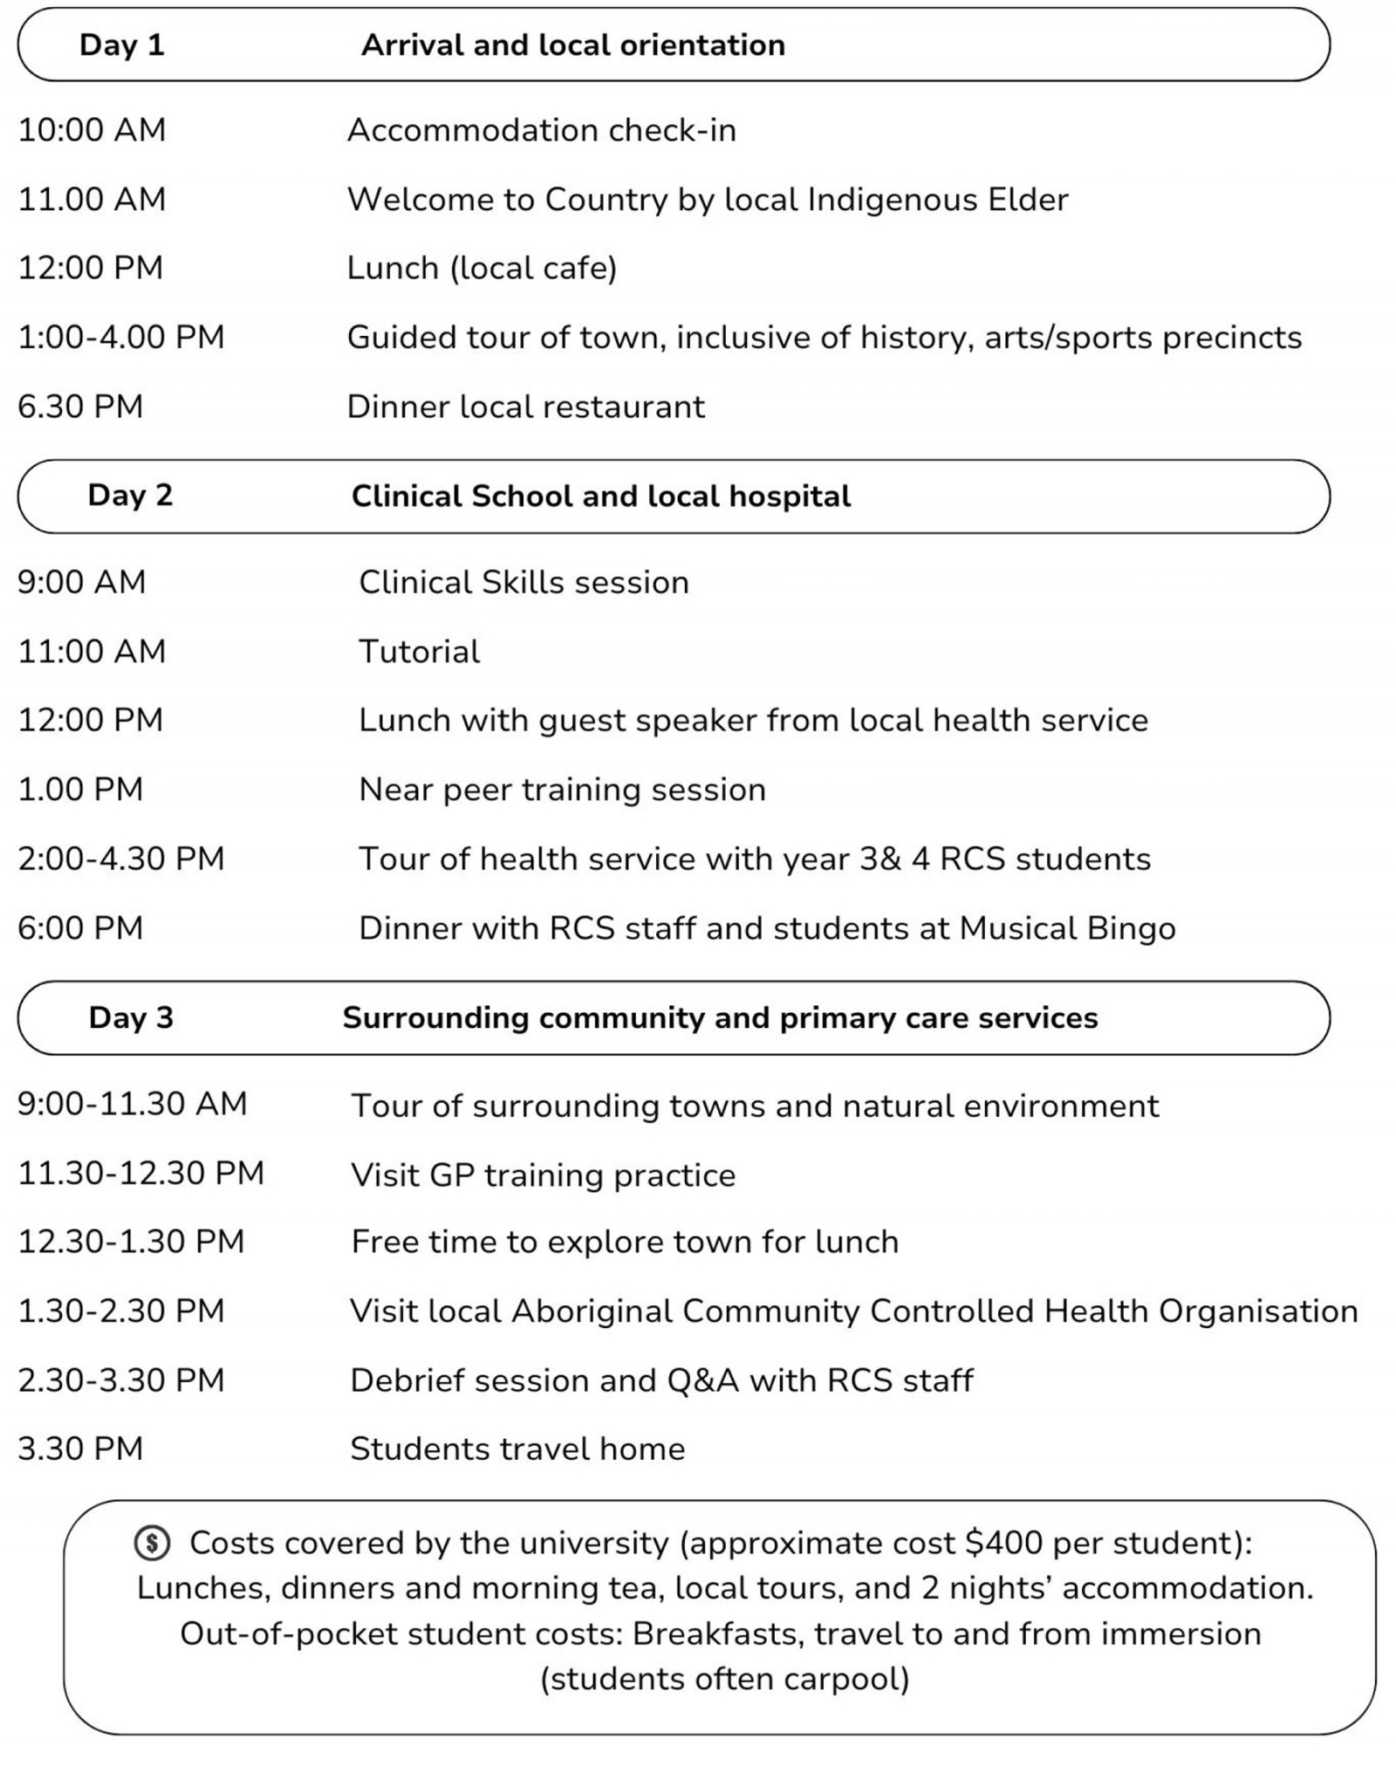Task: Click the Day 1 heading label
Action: tap(121, 45)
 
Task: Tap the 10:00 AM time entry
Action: tap(92, 130)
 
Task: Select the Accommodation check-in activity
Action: tap(541, 130)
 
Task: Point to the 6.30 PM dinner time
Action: tap(80, 407)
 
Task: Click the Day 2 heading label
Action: tap(130, 495)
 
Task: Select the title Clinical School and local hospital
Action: tap(600, 496)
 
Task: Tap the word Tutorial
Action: tap(419, 652)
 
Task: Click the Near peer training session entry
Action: tap(562, 790)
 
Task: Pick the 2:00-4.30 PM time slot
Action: tap(121, 859)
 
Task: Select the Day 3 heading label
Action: tap(131, 1017)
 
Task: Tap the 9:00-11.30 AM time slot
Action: tap(133, 1104)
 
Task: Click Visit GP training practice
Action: tap(543, 1175)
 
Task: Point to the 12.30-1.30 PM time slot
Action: tap(131, 1242)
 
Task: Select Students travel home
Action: tap(517, 1449)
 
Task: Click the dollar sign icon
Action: tap(152, 1543)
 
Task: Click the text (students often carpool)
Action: tap(724, 1679)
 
